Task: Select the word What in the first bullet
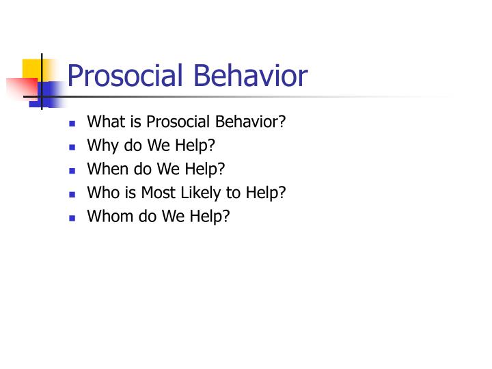tap(104, 122)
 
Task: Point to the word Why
tap(101, 146)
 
